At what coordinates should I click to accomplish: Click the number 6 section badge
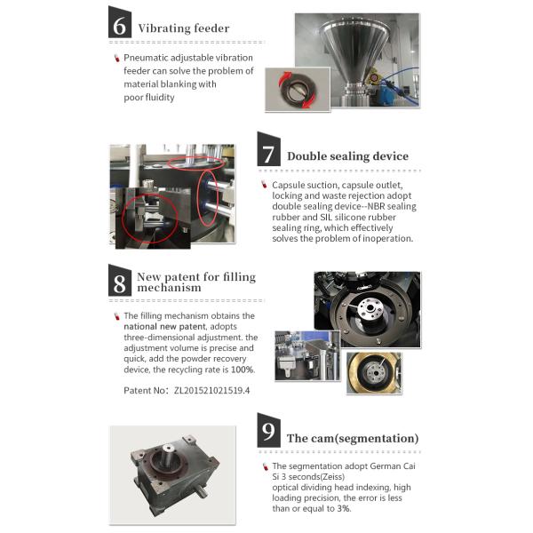coord(120,22)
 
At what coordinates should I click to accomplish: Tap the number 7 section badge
coord(268,149)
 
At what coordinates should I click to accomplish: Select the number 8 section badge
coord(120,280)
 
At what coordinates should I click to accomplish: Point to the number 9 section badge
coord(268,430)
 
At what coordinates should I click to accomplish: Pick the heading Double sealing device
coord(347,156)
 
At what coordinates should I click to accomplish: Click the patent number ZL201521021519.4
coord(211,390)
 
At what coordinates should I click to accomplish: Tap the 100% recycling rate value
coord(243,370)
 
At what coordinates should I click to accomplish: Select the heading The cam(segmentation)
coord(353,438)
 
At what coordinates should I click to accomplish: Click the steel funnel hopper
coord(356,56)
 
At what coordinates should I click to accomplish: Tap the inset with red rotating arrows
coord(298,90)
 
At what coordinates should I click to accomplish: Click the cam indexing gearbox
coord(172,473)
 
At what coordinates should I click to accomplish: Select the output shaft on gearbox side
coord(201,491)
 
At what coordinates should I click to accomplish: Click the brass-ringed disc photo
coord(374,373)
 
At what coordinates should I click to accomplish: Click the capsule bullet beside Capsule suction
coord(264,185)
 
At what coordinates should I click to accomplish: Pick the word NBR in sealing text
coord(376,206)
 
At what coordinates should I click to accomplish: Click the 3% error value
coord(344,508)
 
